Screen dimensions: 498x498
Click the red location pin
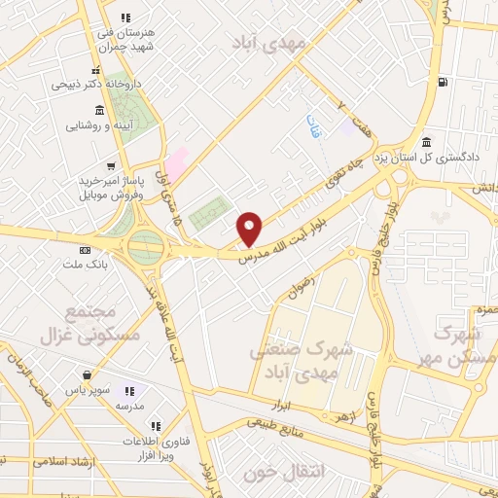pos(250,229)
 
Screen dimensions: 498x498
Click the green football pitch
pos(209,212)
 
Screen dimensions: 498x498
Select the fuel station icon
pos(444,82)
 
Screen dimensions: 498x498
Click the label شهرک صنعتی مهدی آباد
pos(312,361)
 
